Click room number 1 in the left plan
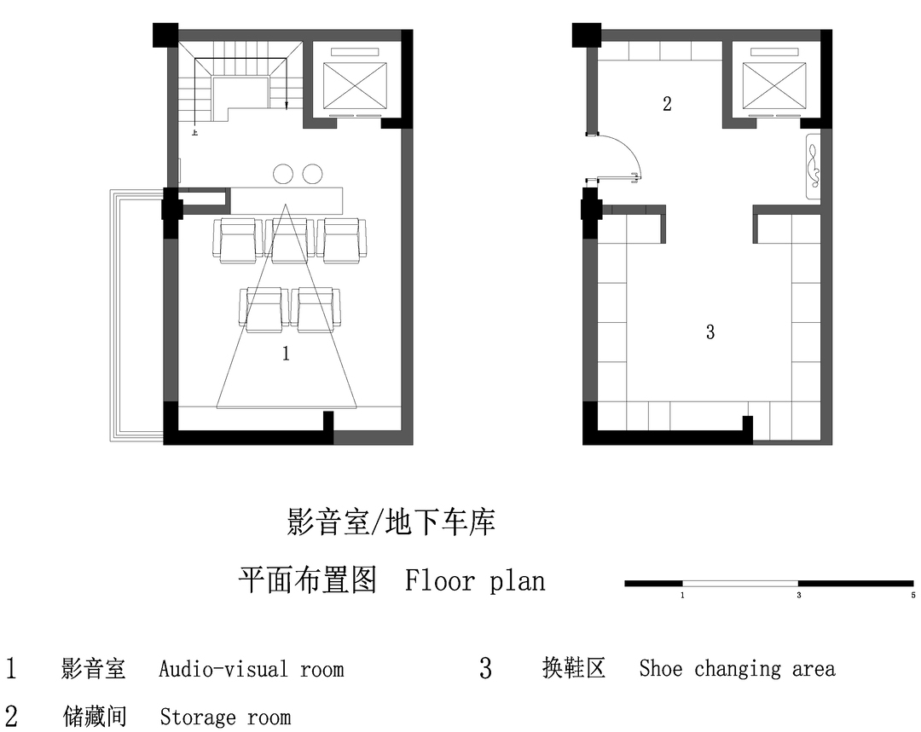(x=286, y=353)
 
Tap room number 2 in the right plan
(x=667, y=104)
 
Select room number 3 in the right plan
(x=710, y=332)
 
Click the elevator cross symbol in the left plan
(x=356, y=84)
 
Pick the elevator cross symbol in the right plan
(x=774, y=86)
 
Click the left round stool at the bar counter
(x=283, y=173)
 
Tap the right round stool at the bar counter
(x=312, y=173)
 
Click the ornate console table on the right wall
(x=814, y=168)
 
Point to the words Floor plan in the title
(x=475, y=580)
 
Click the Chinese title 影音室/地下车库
(x=391, y=522)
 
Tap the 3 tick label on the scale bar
(x=799, y=595)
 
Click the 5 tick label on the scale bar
(x=913, y=595)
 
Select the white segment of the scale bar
(x=740, y=584)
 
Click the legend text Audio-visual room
(x=252, y=669)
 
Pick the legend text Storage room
(x=225, y=717)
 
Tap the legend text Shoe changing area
(x=737, y=668)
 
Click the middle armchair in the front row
(x=287, y=240)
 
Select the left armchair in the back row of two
(x=264, y=309)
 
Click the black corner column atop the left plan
(x=165, y=35)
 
